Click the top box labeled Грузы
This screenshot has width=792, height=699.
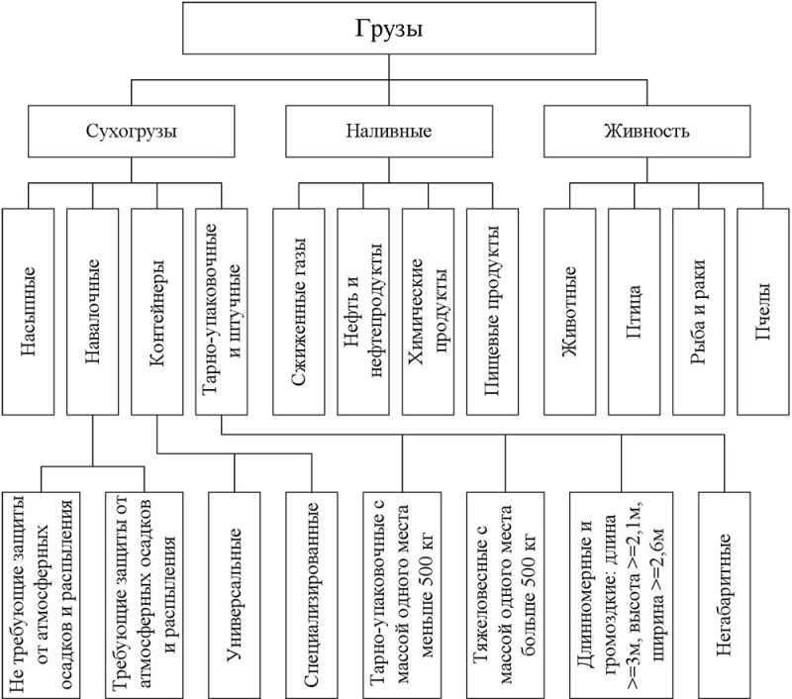pos(389,28)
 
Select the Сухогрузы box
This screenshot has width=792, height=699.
pos(132,132)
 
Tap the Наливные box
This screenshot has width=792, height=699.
pos(389,132)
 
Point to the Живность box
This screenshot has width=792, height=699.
pos(647,132)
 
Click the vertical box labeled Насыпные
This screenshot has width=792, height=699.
pos(29,312)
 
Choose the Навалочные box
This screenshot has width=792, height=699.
pos(92,312)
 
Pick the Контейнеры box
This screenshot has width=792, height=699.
pos(157,312)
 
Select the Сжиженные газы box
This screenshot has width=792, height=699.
pos(299,312)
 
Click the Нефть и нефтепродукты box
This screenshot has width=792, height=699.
pos(363,312)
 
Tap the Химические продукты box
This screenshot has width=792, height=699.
pos(428,312)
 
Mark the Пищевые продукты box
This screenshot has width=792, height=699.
pos(492,312)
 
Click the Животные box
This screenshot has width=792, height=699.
pos(570,312)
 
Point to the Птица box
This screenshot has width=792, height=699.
pos(635,312)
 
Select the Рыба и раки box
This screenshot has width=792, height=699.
pos(699,312)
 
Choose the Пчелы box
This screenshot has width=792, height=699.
pos(763,312)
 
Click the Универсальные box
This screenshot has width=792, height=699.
pos(235,595)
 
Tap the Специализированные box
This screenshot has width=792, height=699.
pos(312,595)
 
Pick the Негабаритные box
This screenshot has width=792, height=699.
pos(725,595)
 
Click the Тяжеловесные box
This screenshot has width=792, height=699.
pos(506,595)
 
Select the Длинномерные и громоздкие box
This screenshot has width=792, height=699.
pos(622,595)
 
